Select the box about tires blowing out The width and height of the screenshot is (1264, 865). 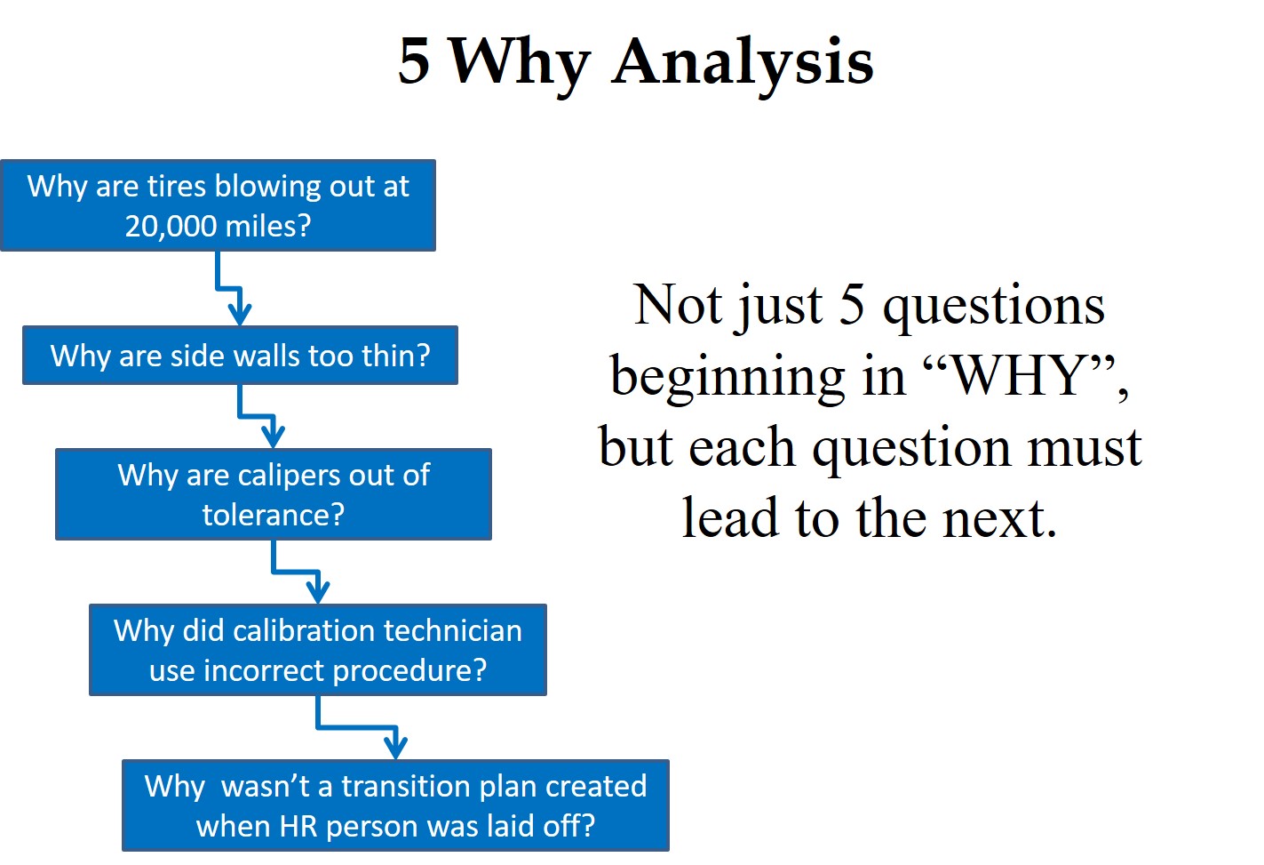[218, 205]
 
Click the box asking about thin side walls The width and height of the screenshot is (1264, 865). [240, 356]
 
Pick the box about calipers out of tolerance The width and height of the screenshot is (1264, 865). [273, 494]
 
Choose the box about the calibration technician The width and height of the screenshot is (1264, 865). [317, 650]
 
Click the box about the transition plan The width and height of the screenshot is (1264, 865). [395, 805]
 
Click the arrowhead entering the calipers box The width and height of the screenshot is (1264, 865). [274, 437]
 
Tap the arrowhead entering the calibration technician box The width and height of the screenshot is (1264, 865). [318, 592]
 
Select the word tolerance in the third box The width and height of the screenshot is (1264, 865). [265, 516]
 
